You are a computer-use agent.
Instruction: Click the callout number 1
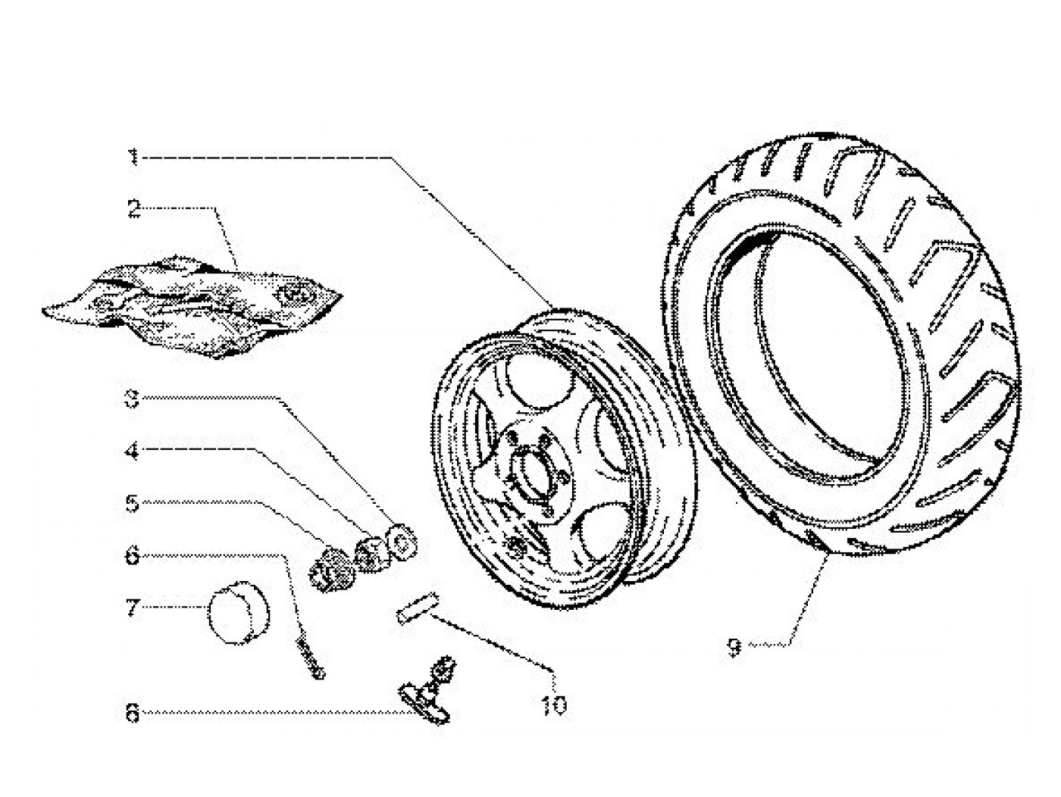tap(133, 158)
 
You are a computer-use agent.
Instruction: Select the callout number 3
tap(133, 399)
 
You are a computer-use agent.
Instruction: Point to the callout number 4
tap(133, 452)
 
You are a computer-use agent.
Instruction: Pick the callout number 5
tap(133, 503)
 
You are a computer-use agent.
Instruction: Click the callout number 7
tap(133, 607)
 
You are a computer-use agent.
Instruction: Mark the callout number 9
tap(733, 648)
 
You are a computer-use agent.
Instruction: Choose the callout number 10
tap(554, 705)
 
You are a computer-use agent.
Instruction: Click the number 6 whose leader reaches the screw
tap(133, 556)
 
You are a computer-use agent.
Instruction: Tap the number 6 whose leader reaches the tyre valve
tap(133, 713)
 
